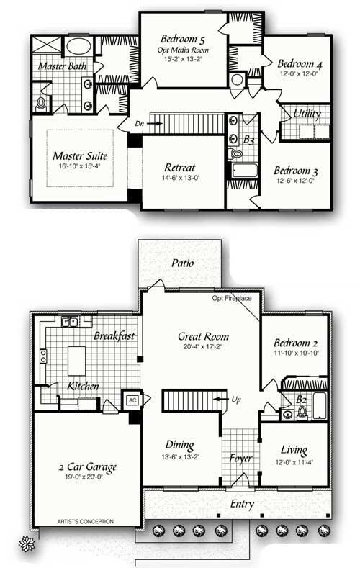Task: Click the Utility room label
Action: point(307,114)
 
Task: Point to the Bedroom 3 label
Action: point(297,171)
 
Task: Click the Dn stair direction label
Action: point(140,123)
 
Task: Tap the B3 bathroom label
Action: point(249,140)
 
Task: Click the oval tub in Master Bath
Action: point(78,48)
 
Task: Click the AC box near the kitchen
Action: point(132,400)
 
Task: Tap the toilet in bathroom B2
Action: point(303,413)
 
